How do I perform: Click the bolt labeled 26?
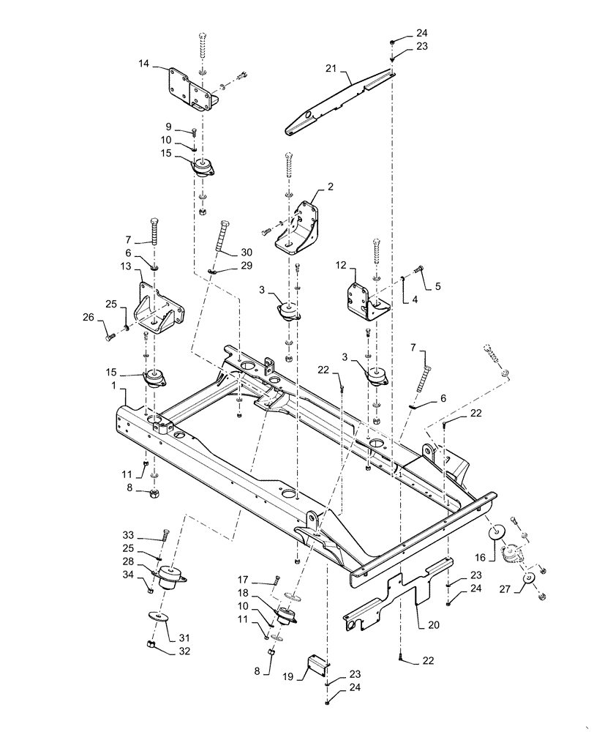110,337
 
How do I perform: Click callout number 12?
340,264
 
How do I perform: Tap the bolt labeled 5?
419,269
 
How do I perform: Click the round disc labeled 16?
498,531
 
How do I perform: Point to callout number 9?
168,126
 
